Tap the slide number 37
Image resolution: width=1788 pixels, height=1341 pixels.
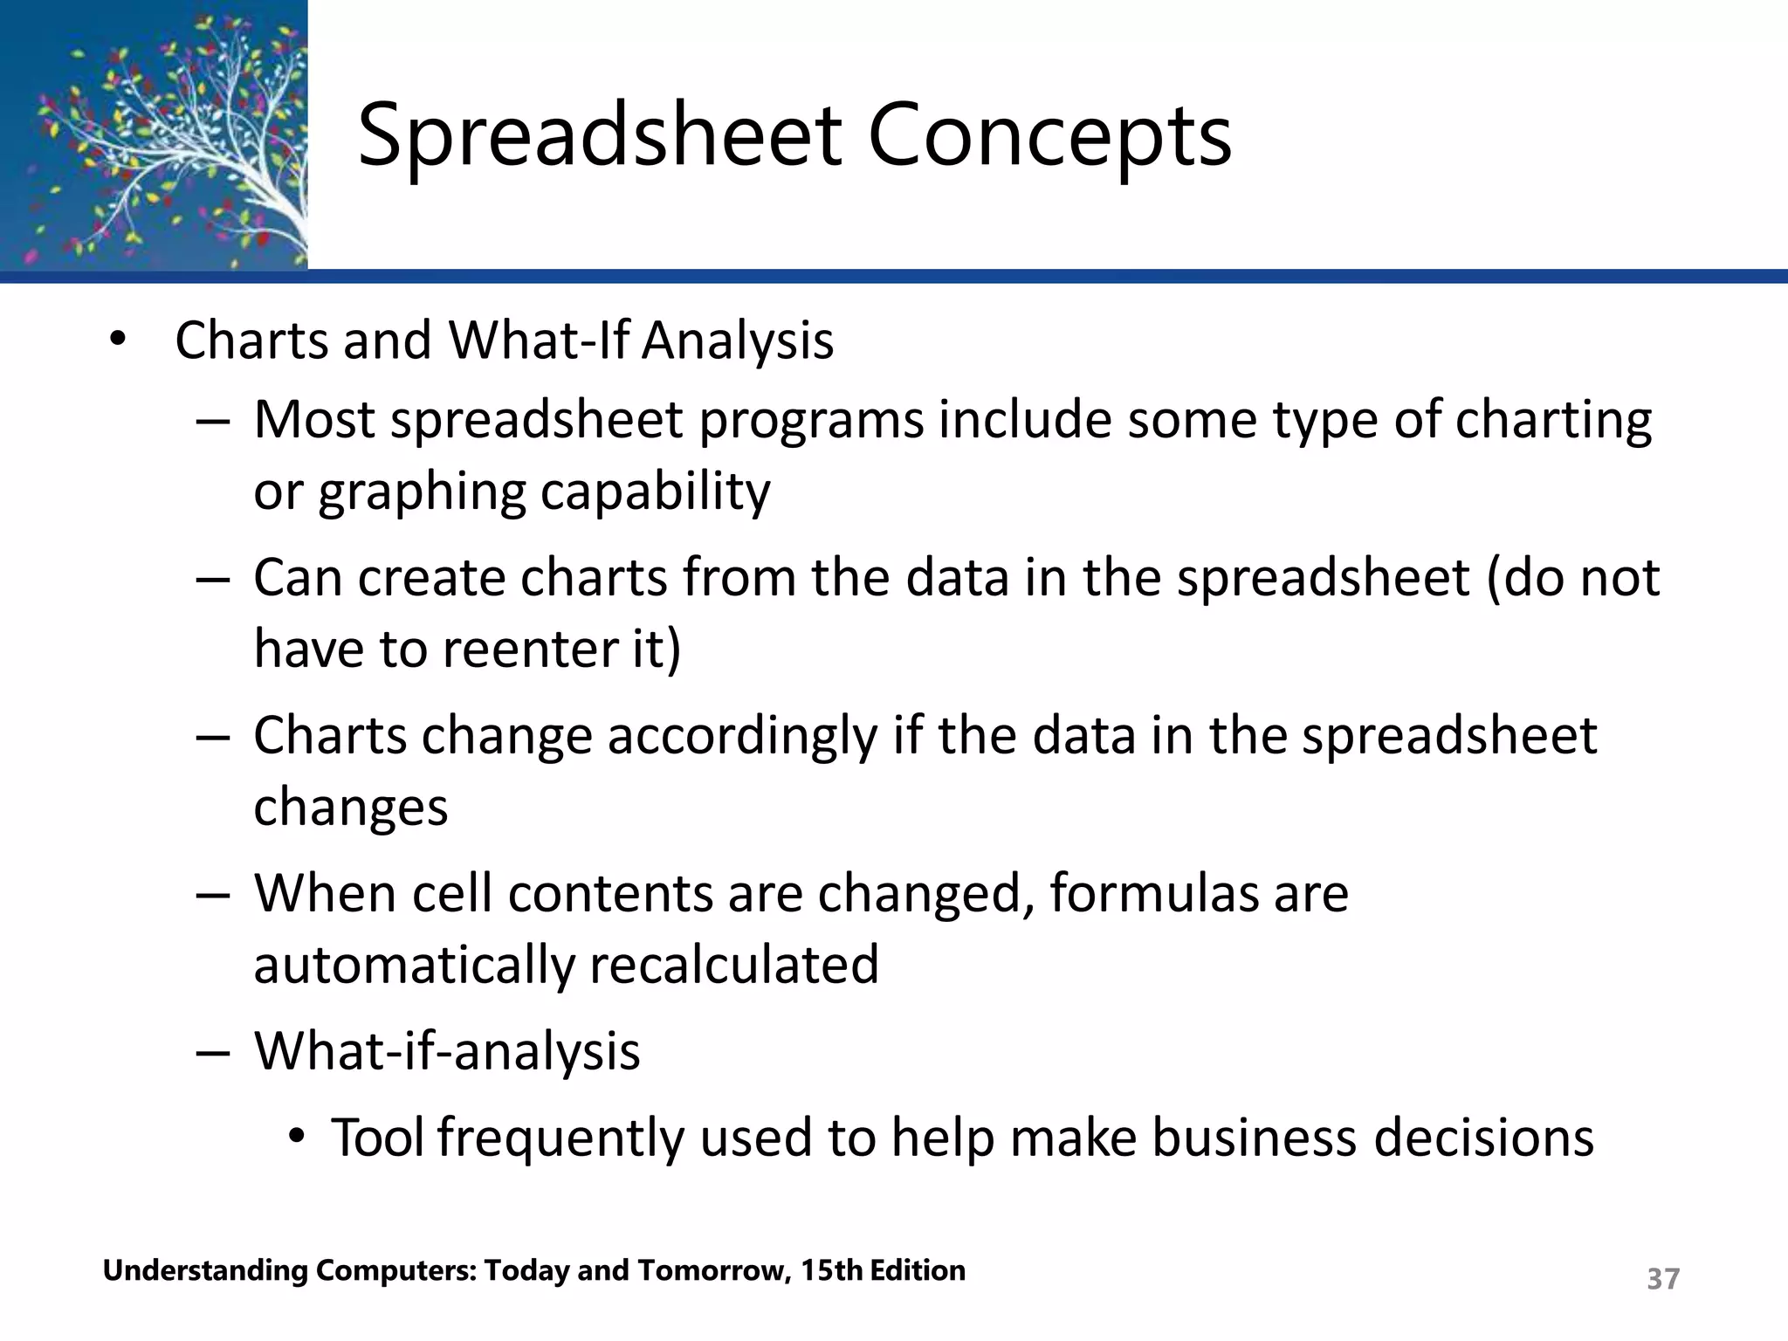coord(1662,1278)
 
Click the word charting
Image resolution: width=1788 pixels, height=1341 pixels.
coord(1553,421)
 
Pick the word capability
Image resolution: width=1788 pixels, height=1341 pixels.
coord(655,492)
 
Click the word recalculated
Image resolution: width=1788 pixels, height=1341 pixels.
coord(733,965)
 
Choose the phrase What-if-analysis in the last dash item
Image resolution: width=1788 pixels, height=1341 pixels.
coord(447,1050)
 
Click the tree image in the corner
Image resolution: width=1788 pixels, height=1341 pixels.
coord(154,134)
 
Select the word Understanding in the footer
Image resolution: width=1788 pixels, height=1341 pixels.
coord(204,1271)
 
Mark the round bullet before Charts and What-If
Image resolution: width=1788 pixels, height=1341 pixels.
coord(118,340)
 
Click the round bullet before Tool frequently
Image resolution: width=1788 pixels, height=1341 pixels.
coord(298,1137)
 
